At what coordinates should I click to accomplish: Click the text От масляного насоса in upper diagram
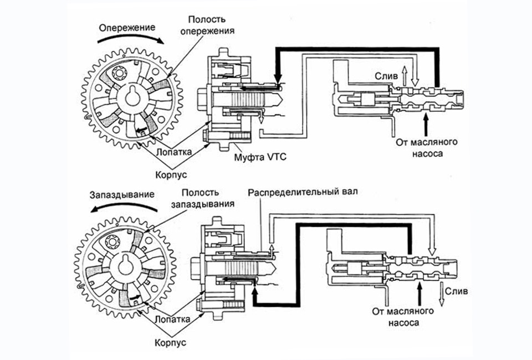(x=420, y=147)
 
